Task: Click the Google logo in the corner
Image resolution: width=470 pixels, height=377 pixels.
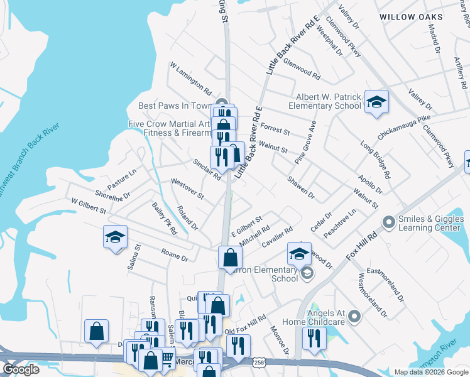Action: [21, 369]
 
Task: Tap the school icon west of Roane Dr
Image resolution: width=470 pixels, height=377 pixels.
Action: [116, 237]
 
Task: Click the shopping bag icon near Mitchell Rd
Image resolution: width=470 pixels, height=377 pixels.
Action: [231, 256]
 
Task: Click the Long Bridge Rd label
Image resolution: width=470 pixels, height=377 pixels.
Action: [376, 158]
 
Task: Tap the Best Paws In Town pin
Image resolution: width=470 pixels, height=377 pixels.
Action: [221, 105]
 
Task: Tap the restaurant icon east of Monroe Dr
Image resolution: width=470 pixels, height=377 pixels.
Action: [311, 338]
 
